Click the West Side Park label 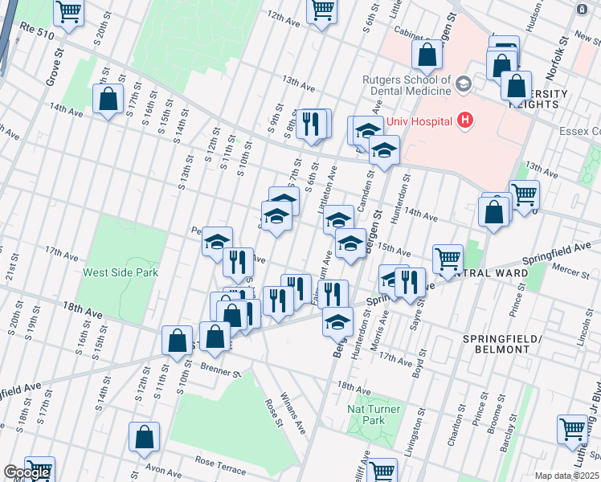[x=121, y=272]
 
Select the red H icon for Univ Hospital [x=464, y=121]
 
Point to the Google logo [x=27, y=472]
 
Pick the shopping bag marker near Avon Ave [x=145, y=438]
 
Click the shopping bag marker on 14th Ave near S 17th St [x=107, y=100]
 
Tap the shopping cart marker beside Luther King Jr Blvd [x=572, y=429]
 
